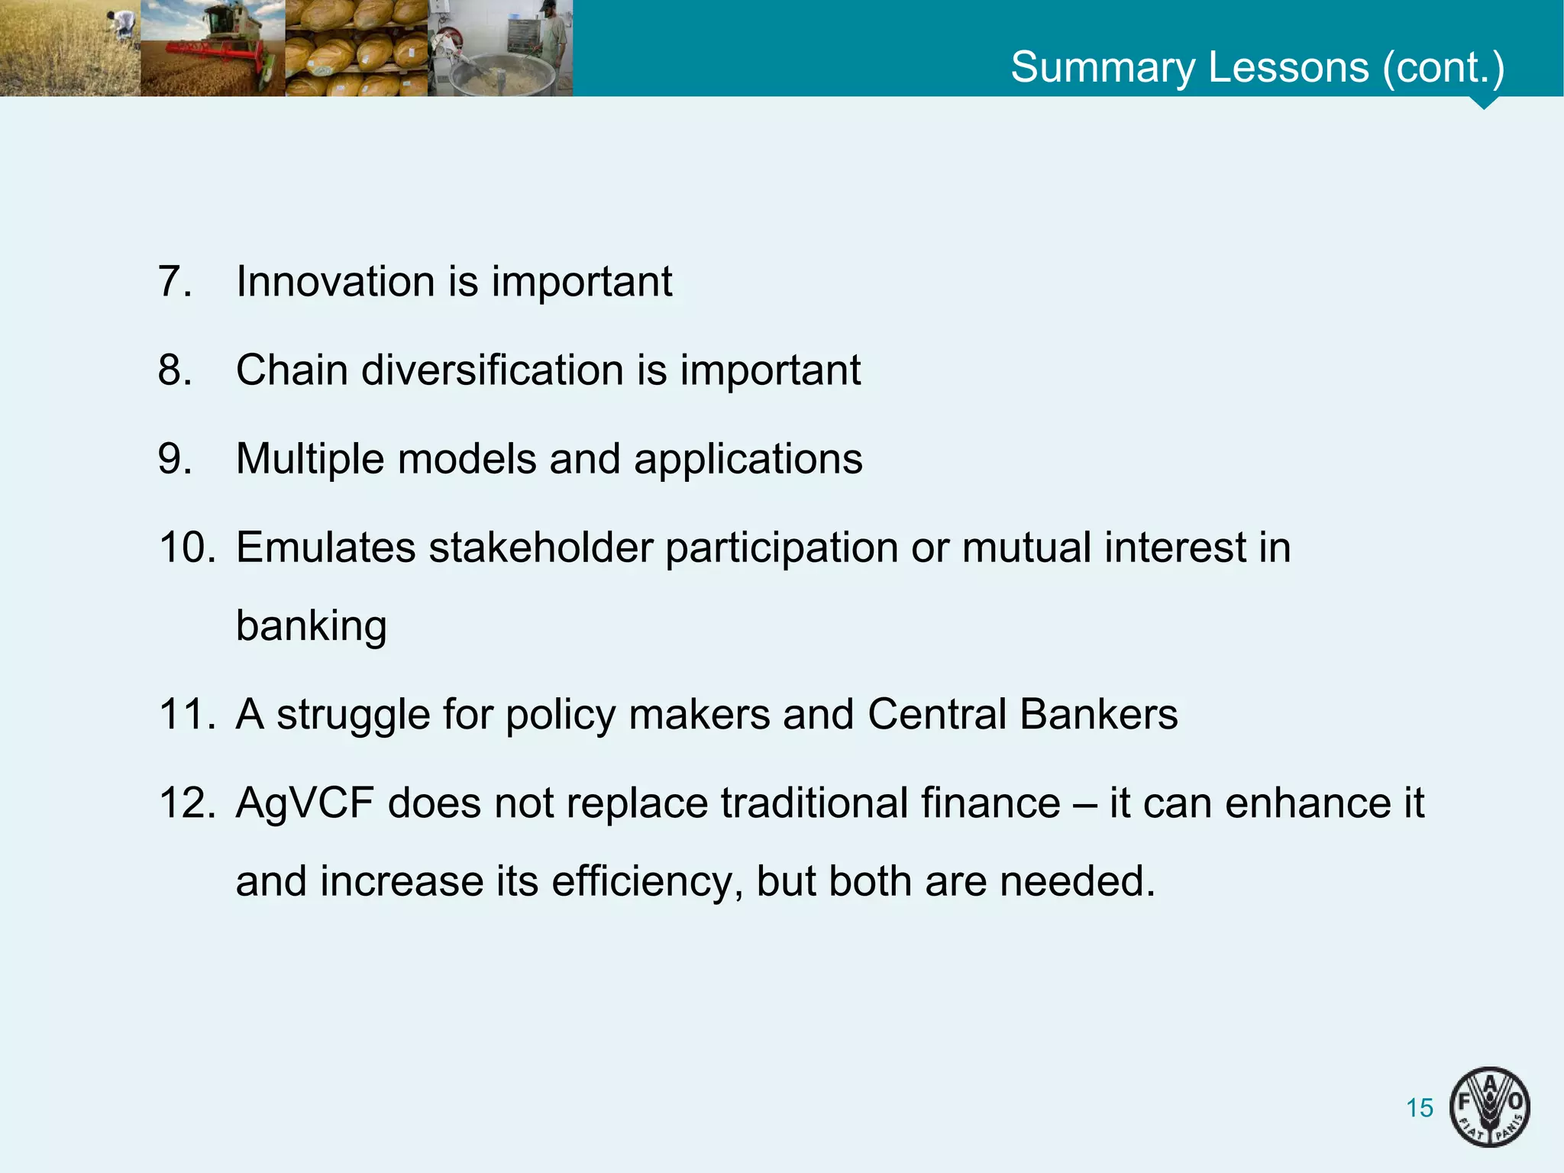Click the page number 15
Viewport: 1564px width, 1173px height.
pos(1420,1107)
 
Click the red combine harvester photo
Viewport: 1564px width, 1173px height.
pos(212,48)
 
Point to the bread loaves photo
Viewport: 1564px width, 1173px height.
pos(356,48)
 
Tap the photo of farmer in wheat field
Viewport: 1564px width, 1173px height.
pos(69,48)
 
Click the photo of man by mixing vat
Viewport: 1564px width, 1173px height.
pos(500,48)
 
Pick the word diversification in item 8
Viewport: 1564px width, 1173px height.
pos(493,370)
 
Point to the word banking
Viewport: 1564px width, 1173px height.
pos(311,626)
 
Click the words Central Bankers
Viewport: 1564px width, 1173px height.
pos(1022,715)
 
